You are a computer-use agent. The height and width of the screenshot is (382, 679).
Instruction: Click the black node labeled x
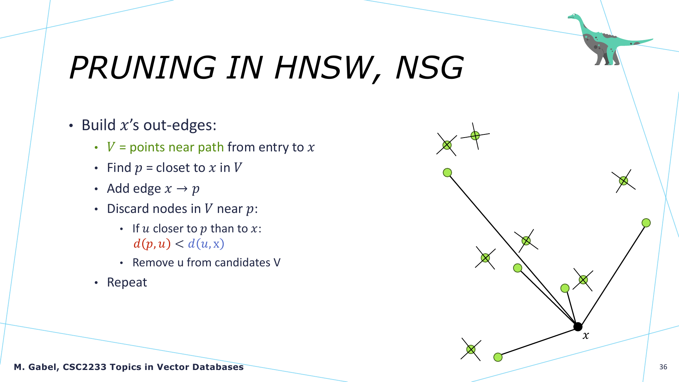578,326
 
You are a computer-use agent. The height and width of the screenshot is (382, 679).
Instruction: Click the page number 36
663,367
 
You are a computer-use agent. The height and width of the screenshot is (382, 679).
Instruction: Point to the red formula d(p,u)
152,244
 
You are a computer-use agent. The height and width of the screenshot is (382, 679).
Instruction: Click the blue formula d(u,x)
206,244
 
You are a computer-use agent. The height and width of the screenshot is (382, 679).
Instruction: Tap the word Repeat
127,282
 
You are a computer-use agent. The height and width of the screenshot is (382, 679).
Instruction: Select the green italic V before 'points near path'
111,147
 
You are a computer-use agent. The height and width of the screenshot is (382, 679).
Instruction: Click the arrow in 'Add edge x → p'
182,189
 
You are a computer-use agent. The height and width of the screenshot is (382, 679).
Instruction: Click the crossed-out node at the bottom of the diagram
471,349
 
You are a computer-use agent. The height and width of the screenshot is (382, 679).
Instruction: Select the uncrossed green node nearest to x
565,288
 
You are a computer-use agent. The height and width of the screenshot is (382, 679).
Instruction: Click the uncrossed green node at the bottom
498,357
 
